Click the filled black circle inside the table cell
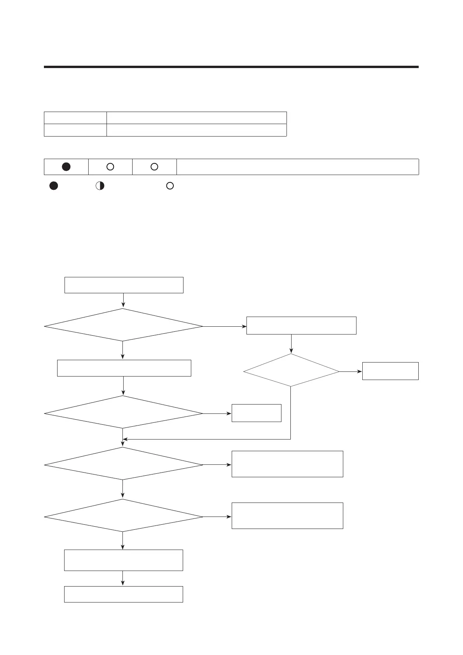tap(66, 167)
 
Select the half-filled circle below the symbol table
tap(100, 186)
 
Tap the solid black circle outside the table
tap(54, 186)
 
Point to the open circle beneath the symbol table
tap(170, 186)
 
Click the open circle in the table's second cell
tap(110, 167)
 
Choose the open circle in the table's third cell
tap(154, 167)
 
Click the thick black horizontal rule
tap(231, 67)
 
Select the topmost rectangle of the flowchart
tap(124, 285)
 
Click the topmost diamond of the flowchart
tap(123, 325)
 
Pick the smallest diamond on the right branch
tap(291, 370)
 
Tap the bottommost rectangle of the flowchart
tap(123, 594)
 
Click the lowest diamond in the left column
tap(123, 516)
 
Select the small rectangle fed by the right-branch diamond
tap(390, 371)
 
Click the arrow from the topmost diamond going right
tap(224, 326)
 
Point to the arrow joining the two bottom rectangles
tap(123, 578)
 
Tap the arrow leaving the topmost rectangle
tap(123, 300)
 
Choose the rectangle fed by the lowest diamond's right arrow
tap(287, 516)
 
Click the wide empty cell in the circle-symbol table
tap(297, 167)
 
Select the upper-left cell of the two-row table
tap(75, 118)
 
